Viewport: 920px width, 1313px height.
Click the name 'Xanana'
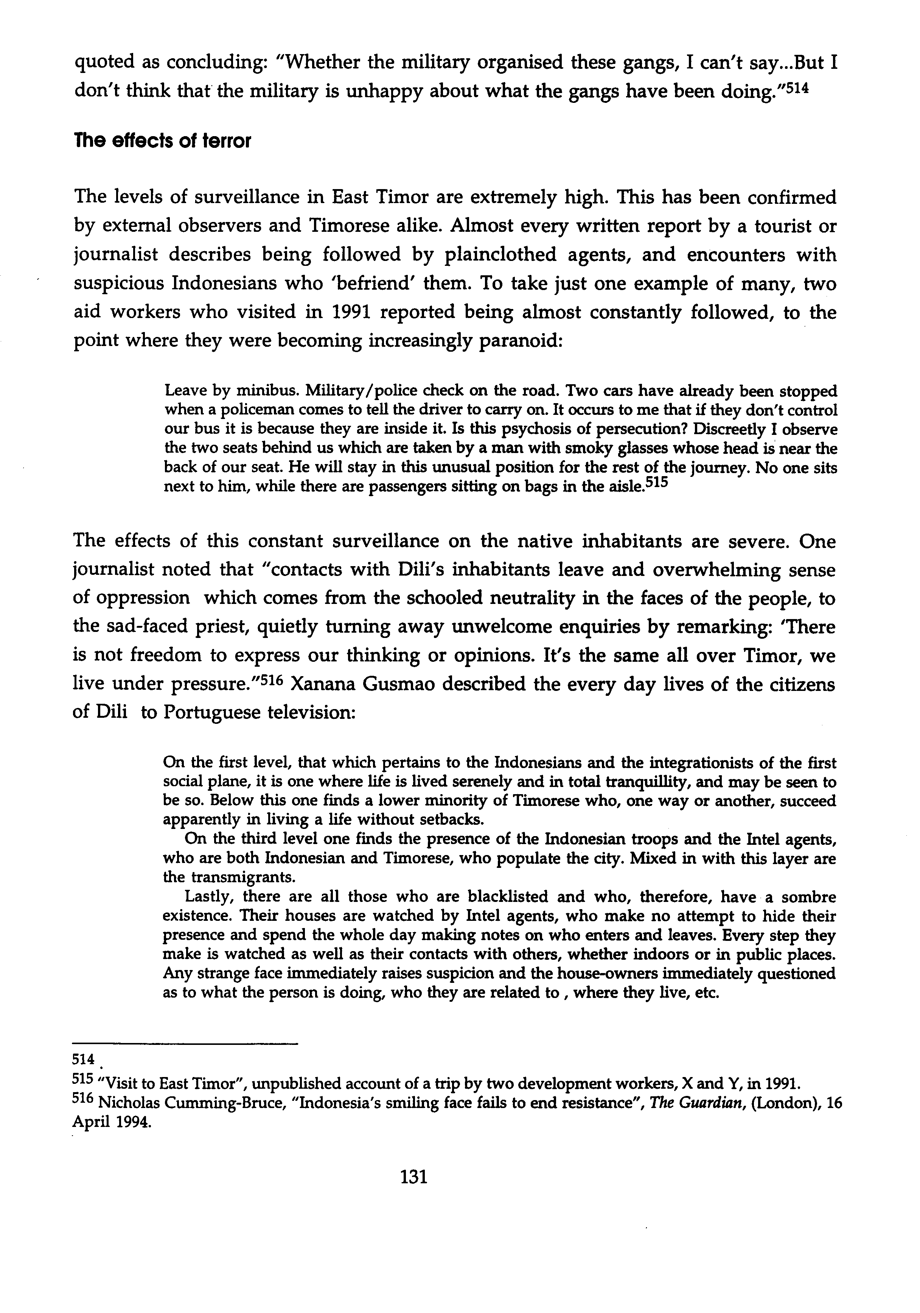point(339,685)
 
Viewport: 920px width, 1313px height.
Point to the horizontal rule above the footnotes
point(186,1045)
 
